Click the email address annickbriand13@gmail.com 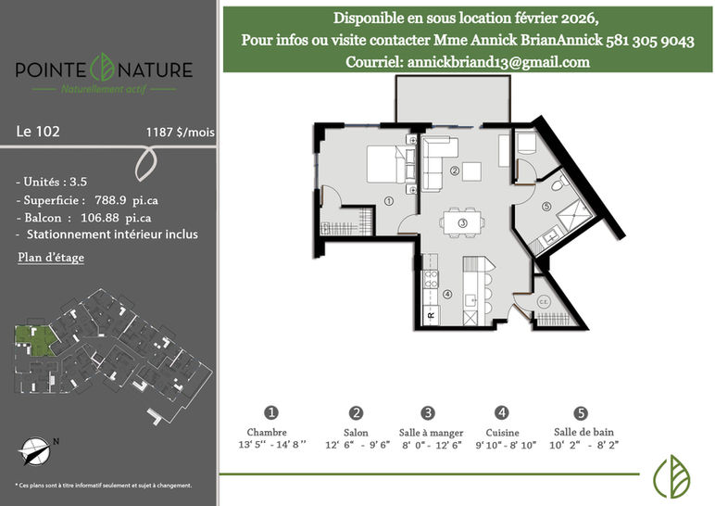498,62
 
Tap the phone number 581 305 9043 650,41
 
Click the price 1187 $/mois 180,133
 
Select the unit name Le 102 38,132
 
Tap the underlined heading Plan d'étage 51,258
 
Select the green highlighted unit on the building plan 34,340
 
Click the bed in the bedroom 386,164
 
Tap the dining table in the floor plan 462,223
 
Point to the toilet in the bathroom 559,183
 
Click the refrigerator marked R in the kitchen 431,315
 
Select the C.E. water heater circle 544,302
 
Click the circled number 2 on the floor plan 455,171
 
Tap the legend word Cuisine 503,433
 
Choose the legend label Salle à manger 431,433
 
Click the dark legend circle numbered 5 581,413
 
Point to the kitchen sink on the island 470,300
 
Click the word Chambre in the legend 267,432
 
